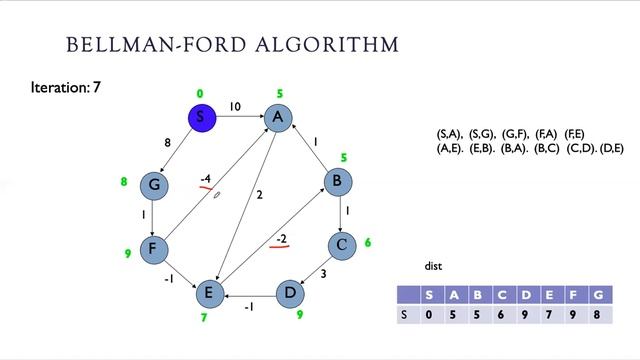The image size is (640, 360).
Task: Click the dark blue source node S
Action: click(x=200, y=118)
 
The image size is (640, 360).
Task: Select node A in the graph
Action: click(x=278, y=118)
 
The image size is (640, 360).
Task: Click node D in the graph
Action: click(x=290, y=292)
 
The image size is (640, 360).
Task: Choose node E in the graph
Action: click(x=208, y=292)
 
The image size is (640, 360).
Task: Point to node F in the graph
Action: click(x=153, y=248)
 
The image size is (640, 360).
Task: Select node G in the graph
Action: click(x=153, y=184)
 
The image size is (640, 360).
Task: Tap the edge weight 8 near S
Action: click(x=168, y=144)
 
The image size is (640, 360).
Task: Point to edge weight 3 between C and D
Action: click(x=323, y=273)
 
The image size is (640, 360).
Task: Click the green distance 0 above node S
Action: click(x=200, y=94)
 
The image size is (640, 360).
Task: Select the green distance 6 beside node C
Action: click(x=368, y=243)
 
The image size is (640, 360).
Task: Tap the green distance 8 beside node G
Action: click(x=124, y=182)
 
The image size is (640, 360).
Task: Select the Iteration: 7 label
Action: click(x=65, y=88)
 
